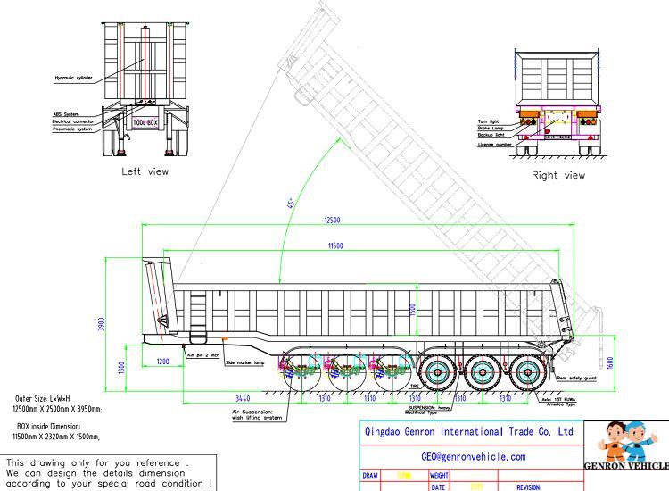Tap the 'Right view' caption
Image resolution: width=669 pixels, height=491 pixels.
point(558,175)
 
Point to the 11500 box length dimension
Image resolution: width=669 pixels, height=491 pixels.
point(336,245)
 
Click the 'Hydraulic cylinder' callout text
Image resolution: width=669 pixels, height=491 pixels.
point(73,78)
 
